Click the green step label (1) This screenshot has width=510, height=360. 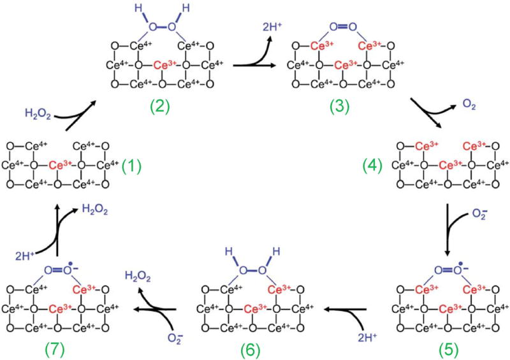132,168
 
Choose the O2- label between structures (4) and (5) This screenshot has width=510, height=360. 476,221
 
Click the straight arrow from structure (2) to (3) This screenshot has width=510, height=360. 252,65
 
